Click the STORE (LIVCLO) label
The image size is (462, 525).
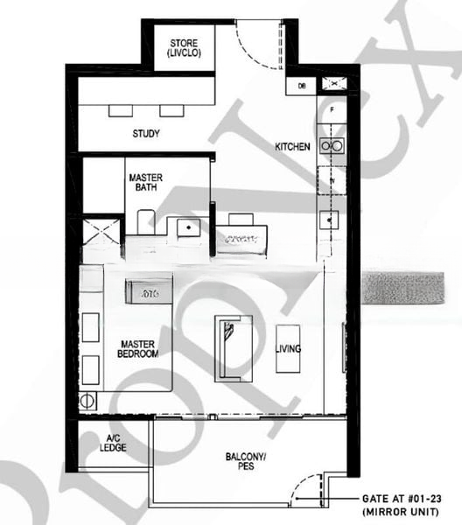(x=184, y=48)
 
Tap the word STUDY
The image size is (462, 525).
(x=146, y=134)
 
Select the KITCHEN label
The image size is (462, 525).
(x=292, y=146)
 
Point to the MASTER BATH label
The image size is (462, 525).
(x=145, y=182)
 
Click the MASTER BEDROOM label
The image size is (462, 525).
(x=138, y=350)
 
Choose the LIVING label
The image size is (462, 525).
(x=288, y=349)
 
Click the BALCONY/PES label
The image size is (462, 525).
(x=246, y=461)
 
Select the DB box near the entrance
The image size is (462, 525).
(x=302, y=86)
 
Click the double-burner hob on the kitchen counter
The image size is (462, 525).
(x=332, y=145)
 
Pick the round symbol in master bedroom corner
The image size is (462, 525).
(x=87, y=401)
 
